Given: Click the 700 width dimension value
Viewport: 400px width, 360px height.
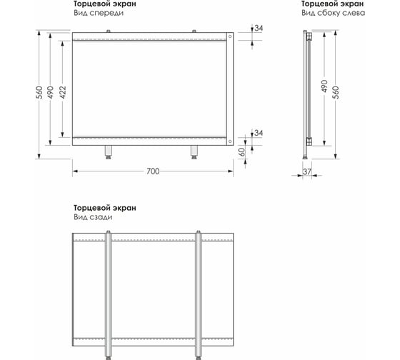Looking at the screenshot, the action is [x=153, y=171].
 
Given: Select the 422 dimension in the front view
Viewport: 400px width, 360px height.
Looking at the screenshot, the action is [x=63, y=92].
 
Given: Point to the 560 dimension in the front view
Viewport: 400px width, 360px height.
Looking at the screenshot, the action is [x=39, y=93].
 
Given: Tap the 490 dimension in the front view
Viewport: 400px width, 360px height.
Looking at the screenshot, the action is [x=51, y=93].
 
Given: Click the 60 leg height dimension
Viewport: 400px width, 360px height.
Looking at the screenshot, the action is [x=241, y=152].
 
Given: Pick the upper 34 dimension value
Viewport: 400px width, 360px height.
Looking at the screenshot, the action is [x=259, y=28].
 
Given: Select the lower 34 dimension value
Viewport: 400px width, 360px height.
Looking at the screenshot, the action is [x=259, y=133].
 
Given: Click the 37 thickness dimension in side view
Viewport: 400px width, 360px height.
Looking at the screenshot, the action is [x=307, y=171].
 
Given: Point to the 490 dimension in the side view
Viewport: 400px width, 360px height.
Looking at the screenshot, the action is [x=324, y=86].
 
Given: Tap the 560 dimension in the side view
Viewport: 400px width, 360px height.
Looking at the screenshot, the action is [x=336, y=93].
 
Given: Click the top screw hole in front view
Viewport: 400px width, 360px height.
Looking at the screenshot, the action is [x=230, y=36].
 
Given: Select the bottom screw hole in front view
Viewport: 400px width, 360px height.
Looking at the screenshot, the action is [x=230, y=141].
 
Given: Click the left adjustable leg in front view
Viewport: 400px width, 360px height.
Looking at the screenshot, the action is [x=109, y=152].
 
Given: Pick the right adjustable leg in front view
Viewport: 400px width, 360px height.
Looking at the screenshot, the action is [x=194, y=152].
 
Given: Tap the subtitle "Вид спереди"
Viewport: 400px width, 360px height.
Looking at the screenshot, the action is [x=99, y=13].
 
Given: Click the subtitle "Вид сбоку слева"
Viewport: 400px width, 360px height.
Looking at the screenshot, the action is [x=333, y=13].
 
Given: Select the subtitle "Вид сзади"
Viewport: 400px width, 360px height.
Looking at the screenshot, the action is [x=93, y=217].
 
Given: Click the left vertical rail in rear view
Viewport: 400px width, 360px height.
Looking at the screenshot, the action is [x=109, y=295].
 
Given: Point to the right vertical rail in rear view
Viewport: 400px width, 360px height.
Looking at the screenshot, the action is [x=199, y=295].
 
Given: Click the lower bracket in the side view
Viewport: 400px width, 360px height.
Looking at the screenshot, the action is [x=309, y=141].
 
